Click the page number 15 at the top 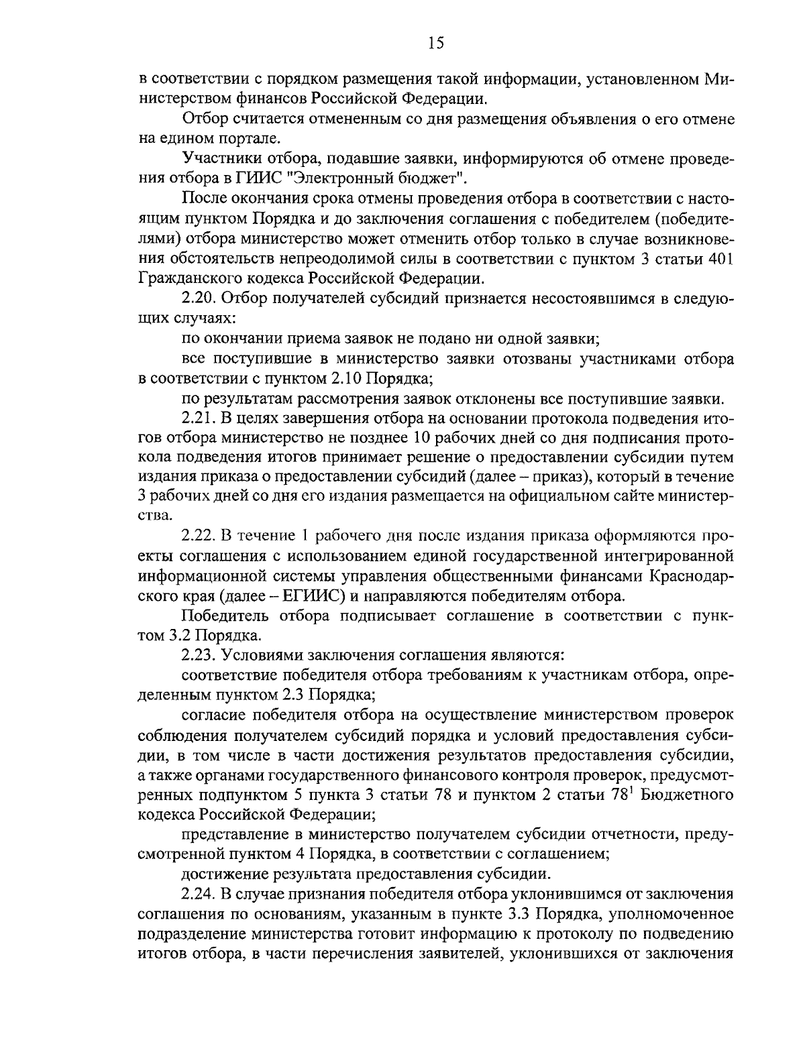click(435, 44)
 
